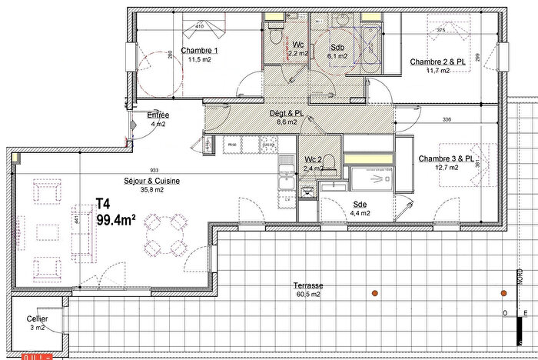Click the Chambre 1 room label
coord(199,52)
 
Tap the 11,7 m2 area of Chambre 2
coord(439,71)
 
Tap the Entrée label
coord(158,115)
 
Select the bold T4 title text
coord(103,205)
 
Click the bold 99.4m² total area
coord(116,219)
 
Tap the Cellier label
coord(36,318)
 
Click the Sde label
coord(360,204)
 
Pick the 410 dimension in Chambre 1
coord(199,26)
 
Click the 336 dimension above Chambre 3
coord(447,119)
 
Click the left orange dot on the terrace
coord(374,292)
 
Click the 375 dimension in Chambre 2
coord(441,31)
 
